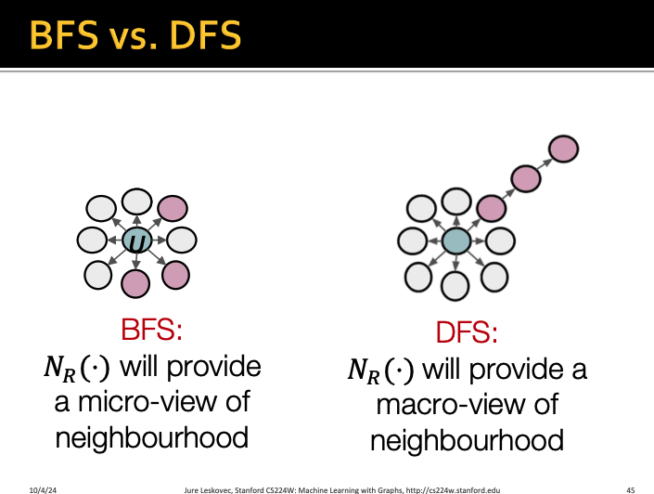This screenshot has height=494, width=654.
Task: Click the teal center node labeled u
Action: coord(137,242)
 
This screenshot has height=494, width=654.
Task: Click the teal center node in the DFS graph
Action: coord(455,241)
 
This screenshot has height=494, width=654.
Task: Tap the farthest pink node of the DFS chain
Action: coord(563,148)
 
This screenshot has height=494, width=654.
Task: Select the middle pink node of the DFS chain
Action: coord(526,178)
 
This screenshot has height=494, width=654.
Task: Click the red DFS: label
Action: coord(468,333)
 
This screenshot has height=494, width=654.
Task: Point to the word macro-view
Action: coord(467,405)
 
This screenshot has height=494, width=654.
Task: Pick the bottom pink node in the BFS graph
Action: coord(135,283)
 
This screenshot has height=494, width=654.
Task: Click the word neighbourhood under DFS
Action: coord(467,440)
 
